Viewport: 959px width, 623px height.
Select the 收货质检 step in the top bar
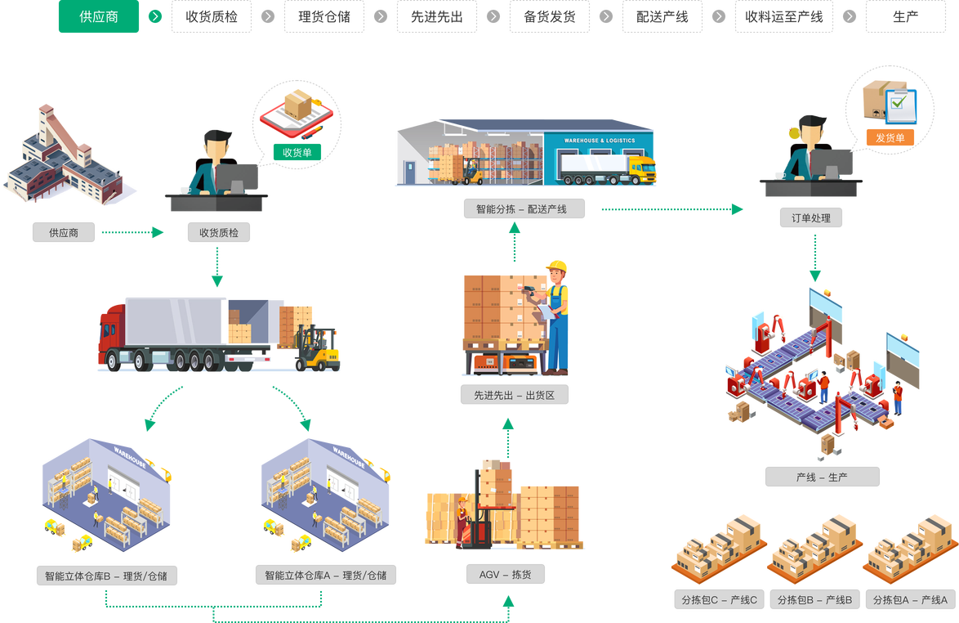pos(212,16)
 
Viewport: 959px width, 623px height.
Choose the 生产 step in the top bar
pos(905,16)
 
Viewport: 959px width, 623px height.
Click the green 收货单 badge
pos(297,152)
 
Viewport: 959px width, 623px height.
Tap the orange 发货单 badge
pos(890,137)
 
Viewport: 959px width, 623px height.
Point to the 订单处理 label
pos(810,218)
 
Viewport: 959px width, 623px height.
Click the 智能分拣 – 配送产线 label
pos(524,209)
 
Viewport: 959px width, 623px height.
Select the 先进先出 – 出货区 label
pos(514,396)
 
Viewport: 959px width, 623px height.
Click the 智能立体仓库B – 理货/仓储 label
pos(106,576)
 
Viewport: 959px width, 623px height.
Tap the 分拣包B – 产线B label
pos(814,600)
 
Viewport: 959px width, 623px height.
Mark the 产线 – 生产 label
pos(822,477)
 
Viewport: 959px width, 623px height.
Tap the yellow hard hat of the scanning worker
pos(557,266)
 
